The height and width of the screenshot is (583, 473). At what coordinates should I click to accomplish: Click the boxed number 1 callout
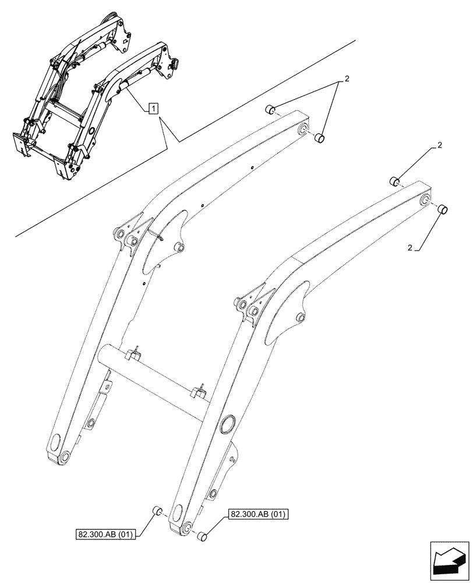coord(153,108)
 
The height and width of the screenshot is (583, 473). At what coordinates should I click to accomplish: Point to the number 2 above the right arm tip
coord(439,145)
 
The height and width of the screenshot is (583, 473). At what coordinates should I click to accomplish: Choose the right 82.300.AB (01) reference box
coord(260,514)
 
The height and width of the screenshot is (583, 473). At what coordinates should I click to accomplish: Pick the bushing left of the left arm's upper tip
coord(270,109)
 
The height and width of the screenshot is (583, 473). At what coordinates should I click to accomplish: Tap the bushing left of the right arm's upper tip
coord(393,181)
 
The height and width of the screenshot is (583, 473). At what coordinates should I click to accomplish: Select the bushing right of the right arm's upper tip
coord(442,209)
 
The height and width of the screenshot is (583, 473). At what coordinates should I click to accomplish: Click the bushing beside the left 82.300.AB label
coord(156,511)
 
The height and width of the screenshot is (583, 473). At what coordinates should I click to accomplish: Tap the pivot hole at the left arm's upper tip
coord(303,129)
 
